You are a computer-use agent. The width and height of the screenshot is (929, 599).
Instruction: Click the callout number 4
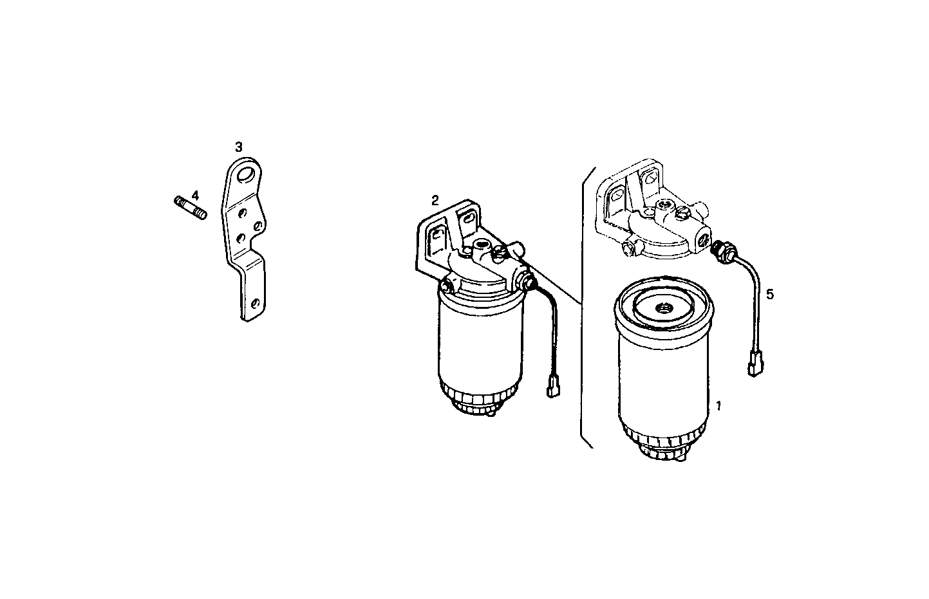tap(195, 194)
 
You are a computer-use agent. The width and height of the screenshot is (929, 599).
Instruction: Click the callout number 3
tap(239, 147)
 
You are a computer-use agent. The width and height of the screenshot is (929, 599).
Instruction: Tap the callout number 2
tap(435, 200)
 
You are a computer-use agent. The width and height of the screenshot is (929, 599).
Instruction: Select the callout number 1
tap(718, 406)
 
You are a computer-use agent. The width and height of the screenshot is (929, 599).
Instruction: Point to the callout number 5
tap(771, 294)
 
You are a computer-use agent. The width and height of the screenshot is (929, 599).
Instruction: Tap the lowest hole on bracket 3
tap(256, 302)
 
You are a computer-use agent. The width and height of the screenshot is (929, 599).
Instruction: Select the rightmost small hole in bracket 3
tap(257, 225)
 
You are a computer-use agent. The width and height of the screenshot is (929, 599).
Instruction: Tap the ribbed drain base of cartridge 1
tap(662, 447)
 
